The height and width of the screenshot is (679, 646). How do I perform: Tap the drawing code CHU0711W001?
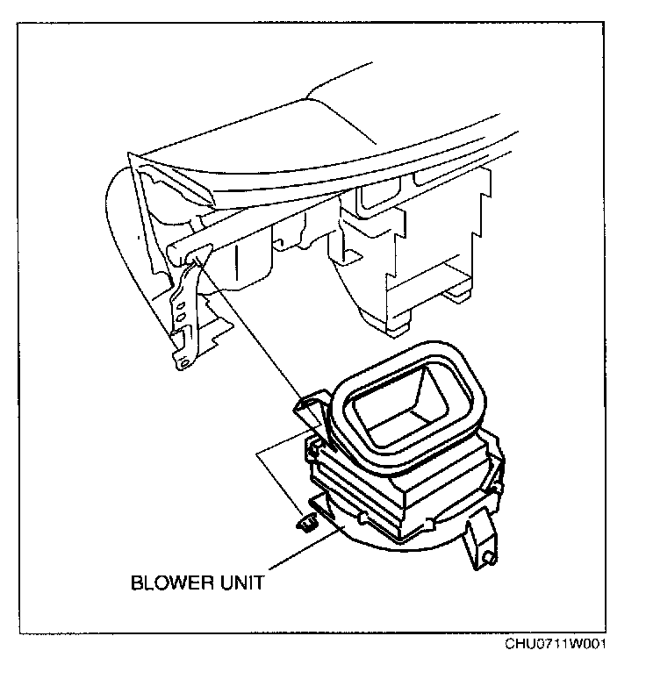[555, 645]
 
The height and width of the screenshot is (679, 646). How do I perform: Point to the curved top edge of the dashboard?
[351, 140]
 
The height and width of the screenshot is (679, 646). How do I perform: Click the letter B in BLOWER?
[136, 581]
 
